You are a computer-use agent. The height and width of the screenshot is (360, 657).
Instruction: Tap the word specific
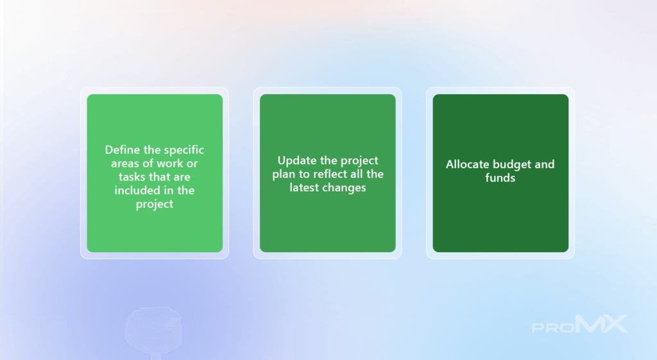(x=184, y=150)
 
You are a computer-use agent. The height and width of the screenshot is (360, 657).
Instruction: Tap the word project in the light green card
(x=155, y=205)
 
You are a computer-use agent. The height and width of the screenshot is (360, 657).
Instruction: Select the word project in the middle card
(x=359, y=161)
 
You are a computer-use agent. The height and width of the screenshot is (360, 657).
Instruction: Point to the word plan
(x=284, y=175)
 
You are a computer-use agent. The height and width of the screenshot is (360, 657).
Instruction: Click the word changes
(x=345, y=188)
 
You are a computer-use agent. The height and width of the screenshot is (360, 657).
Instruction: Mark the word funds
(x=500, y=178)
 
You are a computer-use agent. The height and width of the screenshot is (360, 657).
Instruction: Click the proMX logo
(x=580, y=324)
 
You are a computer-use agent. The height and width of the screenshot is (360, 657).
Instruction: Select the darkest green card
(x=500, y=173)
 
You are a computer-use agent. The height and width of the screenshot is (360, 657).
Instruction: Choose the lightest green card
(x=155, y=173)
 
